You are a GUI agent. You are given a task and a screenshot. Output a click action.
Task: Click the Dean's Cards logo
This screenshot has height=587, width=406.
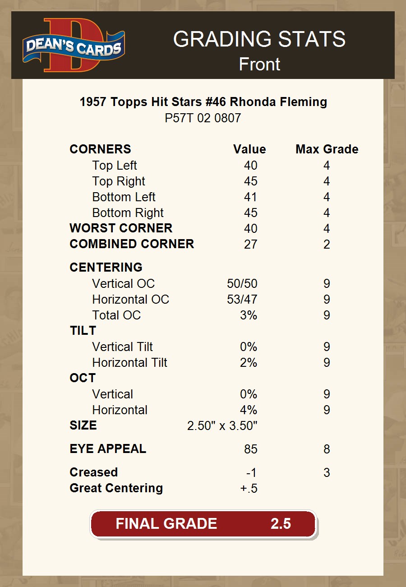(74, 45)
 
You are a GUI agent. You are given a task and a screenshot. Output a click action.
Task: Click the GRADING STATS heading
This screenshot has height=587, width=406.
(259, 39)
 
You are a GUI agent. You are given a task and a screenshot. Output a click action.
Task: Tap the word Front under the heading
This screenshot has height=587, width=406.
(259, 64)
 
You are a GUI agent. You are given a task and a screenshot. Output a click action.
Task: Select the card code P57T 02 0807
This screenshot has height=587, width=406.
(203, 118)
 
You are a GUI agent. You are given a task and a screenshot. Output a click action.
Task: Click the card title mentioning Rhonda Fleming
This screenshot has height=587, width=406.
(203, 102)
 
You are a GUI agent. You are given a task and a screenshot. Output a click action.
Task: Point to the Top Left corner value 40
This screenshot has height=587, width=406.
(250, 166)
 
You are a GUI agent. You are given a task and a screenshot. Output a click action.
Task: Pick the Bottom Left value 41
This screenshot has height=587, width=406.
(250, 197)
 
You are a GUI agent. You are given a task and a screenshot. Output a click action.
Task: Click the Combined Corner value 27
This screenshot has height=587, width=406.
(250, 245)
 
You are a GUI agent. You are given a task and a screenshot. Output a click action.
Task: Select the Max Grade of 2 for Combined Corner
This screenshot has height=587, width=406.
(327, 245)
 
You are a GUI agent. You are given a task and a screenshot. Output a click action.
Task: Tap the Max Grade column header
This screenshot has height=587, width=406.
(327, 149)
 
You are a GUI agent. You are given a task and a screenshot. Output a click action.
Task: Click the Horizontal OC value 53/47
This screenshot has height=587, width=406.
(242, 300)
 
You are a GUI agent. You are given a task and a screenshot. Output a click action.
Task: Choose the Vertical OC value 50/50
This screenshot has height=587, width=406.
(242, 284)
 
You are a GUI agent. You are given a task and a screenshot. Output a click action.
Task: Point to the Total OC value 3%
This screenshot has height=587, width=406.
(248, 315)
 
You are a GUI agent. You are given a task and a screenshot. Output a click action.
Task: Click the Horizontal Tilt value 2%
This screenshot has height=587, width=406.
(248, 363)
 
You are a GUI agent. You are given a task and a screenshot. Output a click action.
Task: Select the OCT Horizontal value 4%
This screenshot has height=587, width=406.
(248, 410)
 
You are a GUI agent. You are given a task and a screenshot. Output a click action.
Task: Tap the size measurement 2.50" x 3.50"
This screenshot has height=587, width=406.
(222, 426)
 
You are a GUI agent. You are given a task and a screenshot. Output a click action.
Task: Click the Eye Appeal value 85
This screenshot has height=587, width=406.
(250, 449)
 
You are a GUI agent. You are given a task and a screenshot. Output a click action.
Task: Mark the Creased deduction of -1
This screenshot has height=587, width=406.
(251, 473)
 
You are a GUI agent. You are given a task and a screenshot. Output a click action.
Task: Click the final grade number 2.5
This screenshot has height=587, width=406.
(281, 523)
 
